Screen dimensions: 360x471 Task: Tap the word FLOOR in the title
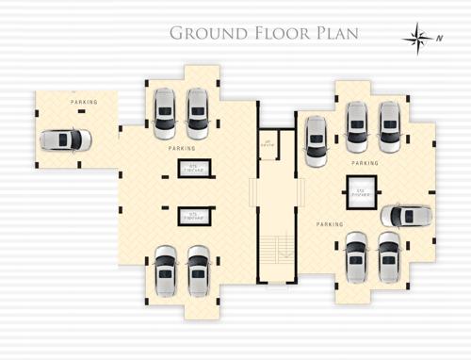pos(273,35)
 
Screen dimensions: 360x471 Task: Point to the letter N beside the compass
pos(440,38)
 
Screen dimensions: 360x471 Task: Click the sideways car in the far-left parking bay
pos(65,139)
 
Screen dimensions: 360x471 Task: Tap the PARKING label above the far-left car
pos(84,102)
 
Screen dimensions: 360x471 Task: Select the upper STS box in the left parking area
pos(193,169)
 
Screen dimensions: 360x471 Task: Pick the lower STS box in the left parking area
pos(193,216)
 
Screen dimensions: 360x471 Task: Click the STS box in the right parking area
pos(361,188)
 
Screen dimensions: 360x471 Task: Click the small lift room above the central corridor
pos(268,144)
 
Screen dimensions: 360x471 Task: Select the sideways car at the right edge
pos(406,216)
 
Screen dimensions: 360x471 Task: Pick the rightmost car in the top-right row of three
pos(389,127)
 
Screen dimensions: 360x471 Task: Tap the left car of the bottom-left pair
pos(166,270)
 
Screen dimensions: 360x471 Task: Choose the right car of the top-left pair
pos(198,113)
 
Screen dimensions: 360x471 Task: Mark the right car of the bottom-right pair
pos(388,255)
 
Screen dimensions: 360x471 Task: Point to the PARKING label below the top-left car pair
pos(182,149)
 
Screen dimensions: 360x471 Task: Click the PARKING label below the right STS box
pos(330,224)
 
